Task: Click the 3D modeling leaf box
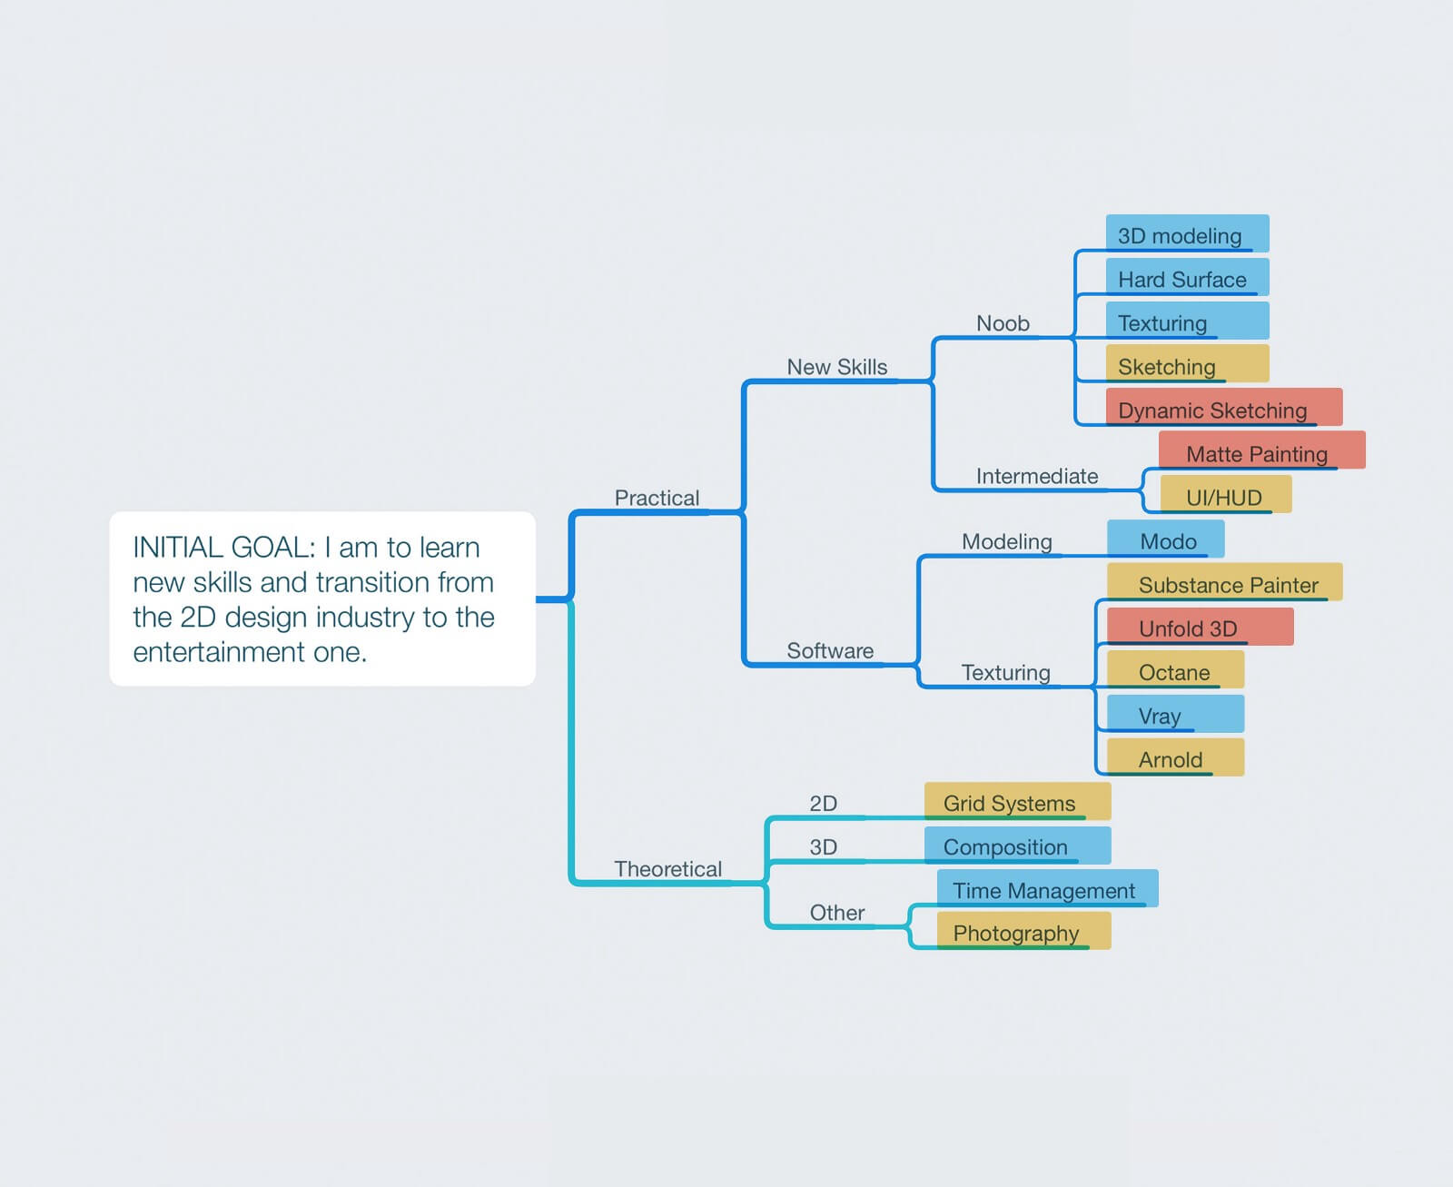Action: tap(1187, 233)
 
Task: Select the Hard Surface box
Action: tap(1187, 278)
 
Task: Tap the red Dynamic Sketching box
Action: tap(1223, 407)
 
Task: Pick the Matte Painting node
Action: tap(1261, 450)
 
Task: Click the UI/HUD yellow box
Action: tap(1226, 494)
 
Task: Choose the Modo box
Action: tap(1166, 539)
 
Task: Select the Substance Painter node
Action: tap(1224, 582)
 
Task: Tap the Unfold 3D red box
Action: tap(1201, 627)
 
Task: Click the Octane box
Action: tap(1175, 669)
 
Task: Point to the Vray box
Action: tap(1175, 714)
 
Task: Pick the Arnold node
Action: tap(1175, 757)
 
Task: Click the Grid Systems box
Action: tap(1018, 801)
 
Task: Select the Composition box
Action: tap(1018, 846)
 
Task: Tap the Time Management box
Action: tap(1047, 889)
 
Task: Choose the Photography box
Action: tap(1023, 931)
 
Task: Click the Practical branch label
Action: tap(657, 498)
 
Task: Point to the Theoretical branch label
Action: tap(667, 869)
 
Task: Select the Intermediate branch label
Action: tap(1037, 476)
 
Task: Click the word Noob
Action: tap(1003, 323)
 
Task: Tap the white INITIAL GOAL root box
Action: tap(322, 598)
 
